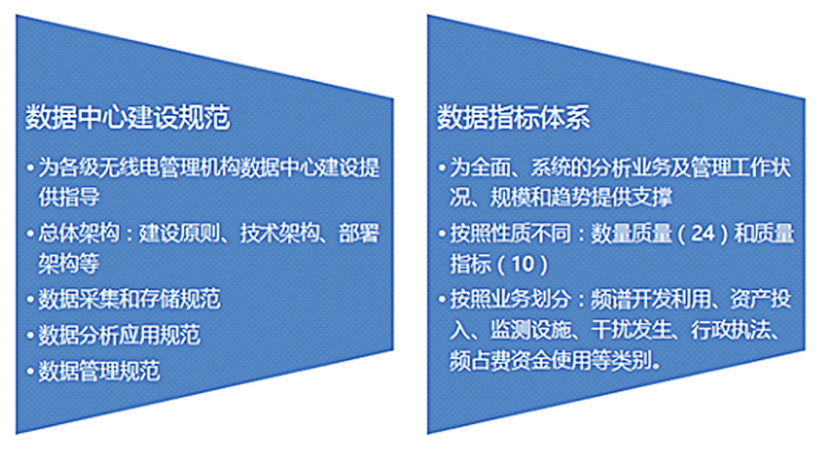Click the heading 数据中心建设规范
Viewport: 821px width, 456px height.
coord(128,117)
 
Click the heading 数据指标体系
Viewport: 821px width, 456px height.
coord(514,117)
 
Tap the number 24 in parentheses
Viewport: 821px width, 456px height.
coord(702,233)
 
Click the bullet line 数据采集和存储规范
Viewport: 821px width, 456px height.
coord(130,299)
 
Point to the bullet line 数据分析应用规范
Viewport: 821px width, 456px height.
coord(120,335)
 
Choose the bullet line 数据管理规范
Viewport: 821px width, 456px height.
coord(99,370)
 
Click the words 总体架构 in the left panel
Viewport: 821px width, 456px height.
coord(78,233)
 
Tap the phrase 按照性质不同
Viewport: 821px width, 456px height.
coord(511,233)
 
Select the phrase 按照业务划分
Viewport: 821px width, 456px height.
coord(511,299)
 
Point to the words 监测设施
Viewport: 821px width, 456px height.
coord(530,330)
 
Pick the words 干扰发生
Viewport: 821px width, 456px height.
coord(631,330)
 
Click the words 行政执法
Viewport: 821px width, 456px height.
coord(732,330)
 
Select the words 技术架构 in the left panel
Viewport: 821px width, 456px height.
coord(281,233)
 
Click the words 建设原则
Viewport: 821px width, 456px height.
coord(180,233)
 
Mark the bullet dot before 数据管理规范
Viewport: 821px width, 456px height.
coord(30,371)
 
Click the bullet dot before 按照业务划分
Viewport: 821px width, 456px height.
coord(442,299)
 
